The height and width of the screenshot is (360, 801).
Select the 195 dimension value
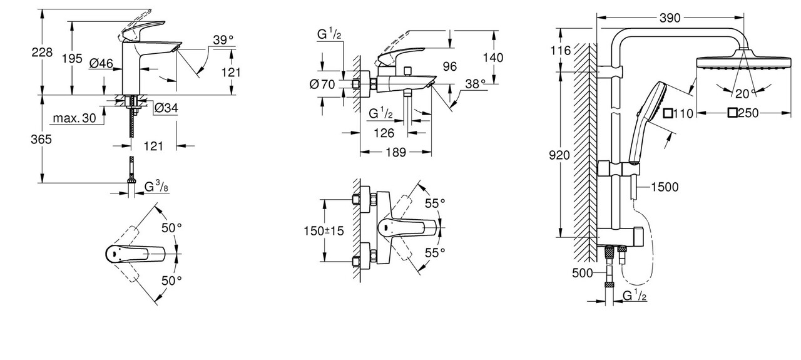(x=73, y=58)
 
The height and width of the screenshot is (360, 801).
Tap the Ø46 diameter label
(x=100, y=63)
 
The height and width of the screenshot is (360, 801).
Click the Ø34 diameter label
(x=166, y=108)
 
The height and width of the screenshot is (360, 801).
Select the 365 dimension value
(x=43, y=140)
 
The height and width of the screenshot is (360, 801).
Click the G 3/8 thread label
(x=155, y=186)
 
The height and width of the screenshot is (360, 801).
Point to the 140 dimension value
(x=494, y=57)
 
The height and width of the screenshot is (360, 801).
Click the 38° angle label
(x=475, y=83)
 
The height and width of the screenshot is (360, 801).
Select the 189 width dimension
(x=395, y=152)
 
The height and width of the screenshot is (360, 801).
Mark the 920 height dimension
(x=558, y=155)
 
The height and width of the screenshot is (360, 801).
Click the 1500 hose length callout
(x=664, y=187)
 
